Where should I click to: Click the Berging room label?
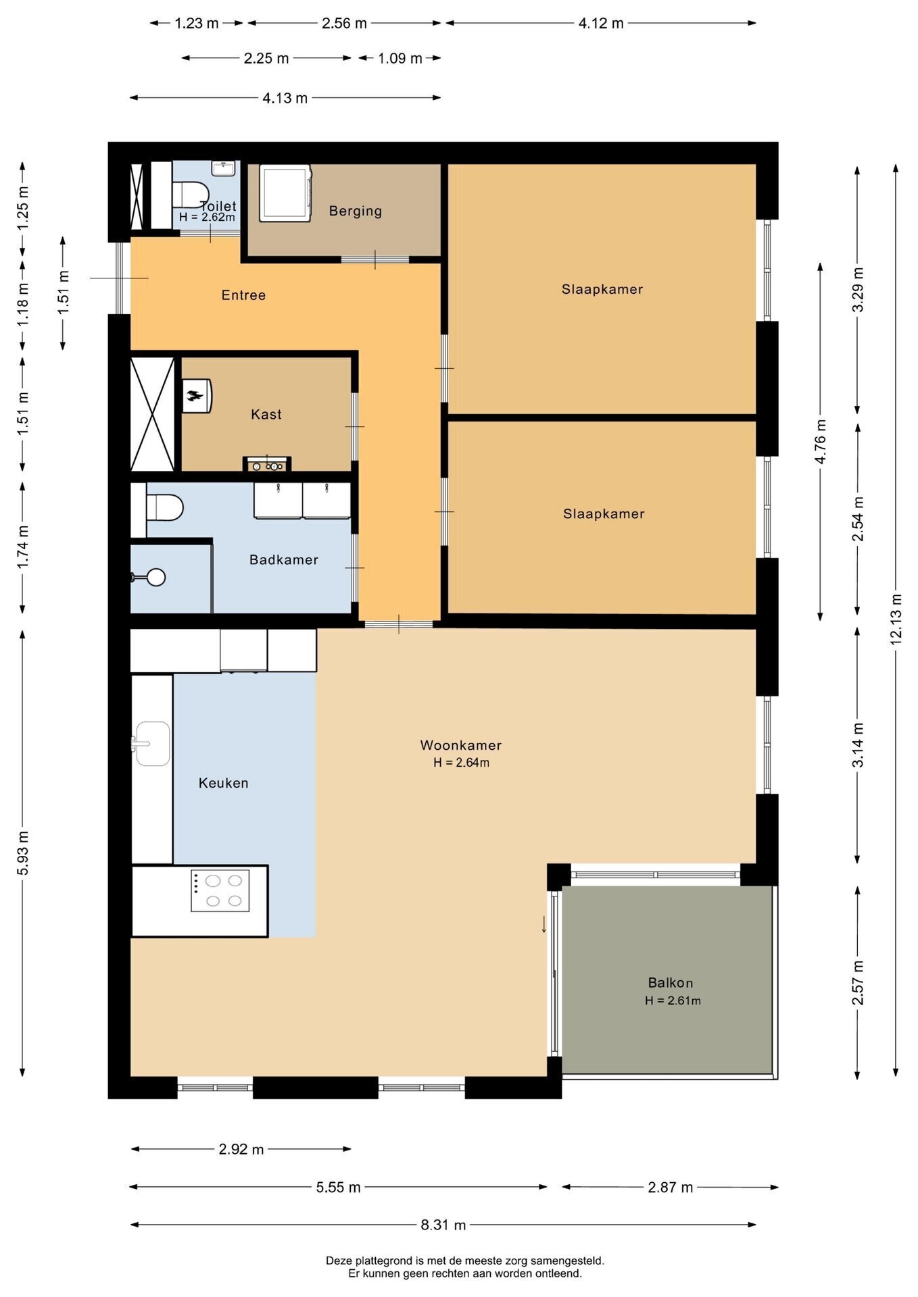[x=356, y=211]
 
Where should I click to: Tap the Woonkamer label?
[x=461, y=745]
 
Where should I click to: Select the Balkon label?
[x=671, y=983]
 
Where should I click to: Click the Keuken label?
[x=224, y=783]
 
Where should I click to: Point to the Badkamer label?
[x=284, y=559]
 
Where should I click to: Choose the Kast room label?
[x=266, y=414]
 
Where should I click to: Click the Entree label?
[x=244, y=295]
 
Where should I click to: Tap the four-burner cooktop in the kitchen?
[x=220, y=890]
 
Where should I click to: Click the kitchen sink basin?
[x=153, y=743]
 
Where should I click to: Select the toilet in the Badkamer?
[x=164, y=508]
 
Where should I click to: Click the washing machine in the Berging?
[x=285, y=193]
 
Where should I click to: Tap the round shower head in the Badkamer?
[x=157, y=577]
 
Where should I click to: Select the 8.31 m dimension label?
[x=443, y=1225]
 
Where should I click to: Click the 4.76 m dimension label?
[x=820, y=442]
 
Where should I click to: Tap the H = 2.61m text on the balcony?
[x=673, y=1000]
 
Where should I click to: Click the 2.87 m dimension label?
[x=671, y=1187]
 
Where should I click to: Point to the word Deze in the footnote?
[x=339, y=1261]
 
